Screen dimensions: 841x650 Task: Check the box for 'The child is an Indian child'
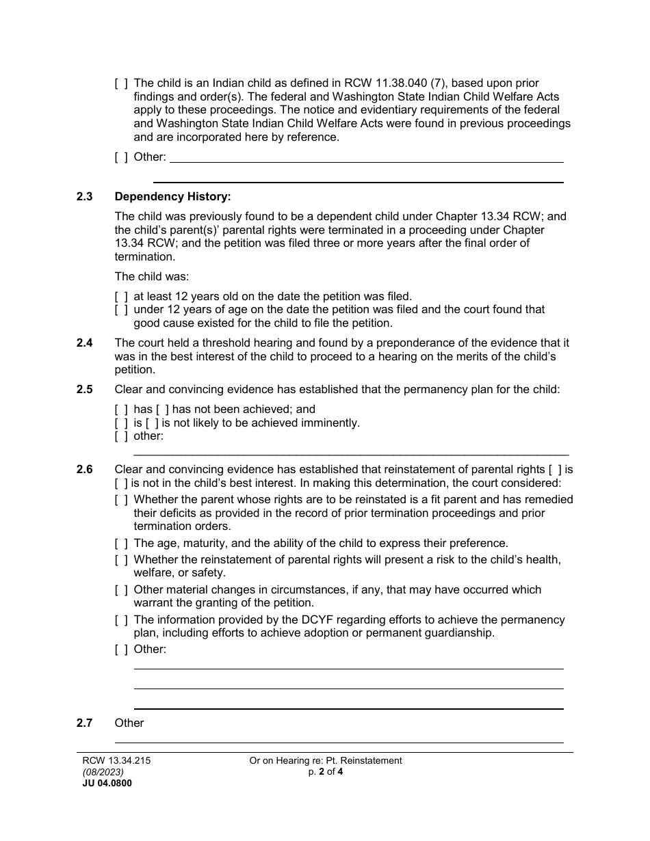121,83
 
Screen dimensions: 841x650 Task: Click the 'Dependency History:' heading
172,197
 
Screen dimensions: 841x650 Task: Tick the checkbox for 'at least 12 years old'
121,297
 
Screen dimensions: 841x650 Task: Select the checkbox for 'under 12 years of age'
121,310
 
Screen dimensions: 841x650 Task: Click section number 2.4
85,343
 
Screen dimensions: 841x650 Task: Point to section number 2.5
85,390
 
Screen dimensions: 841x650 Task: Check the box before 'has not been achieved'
162,410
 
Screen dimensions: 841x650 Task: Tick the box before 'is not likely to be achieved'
153,423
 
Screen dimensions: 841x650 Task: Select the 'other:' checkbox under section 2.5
121,436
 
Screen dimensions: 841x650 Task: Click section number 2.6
85,470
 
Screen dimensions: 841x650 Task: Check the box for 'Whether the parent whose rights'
121,500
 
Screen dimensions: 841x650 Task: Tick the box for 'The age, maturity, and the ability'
121,544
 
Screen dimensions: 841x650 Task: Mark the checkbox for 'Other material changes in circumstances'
121,590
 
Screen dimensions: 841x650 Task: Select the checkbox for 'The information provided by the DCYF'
121,620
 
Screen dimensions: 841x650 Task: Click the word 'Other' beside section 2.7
129,723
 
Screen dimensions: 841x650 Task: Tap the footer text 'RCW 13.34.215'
112,760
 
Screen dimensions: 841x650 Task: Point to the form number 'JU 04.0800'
107,784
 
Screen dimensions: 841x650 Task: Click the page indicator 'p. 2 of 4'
325,772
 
